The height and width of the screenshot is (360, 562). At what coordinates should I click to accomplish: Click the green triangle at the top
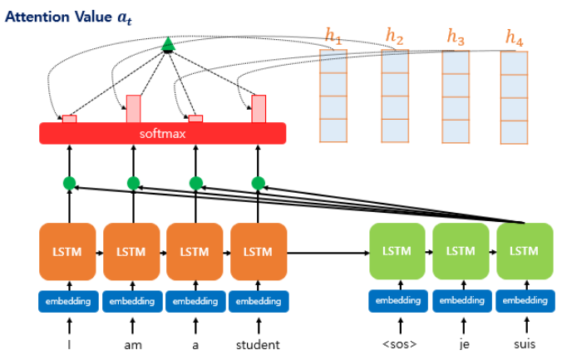(x=168, y=44)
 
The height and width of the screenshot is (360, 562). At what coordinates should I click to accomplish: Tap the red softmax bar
(x=162, y=133)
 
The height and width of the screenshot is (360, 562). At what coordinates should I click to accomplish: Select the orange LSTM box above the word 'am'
(x=131, y=251)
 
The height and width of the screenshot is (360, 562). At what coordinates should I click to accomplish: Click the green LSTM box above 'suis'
(x=525, y=251)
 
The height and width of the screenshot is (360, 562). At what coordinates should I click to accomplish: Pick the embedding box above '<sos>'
(x=398, y=301)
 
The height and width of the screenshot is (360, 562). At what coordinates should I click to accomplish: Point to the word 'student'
(x=258, y=344)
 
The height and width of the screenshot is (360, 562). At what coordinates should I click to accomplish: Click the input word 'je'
(x=464, y=344)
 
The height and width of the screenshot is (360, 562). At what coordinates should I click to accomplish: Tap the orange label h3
(x=456, y=37)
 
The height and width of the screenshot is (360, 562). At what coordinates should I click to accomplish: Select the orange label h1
(x=333, y=37)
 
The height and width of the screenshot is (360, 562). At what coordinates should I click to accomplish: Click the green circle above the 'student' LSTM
(x=258, y=183)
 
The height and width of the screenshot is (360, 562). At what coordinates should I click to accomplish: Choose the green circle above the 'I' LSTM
(x=69, y=183)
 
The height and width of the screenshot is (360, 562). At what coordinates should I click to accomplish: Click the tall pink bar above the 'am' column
(x=133, y=109)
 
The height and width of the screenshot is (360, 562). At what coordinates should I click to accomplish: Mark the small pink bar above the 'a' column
(x=195, y=119)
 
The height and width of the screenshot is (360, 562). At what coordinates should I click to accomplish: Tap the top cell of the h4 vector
(x=514, y=63)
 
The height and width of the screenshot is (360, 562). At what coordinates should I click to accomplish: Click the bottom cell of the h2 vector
(x=395, y=131)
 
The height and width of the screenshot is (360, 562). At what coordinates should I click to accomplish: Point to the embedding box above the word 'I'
(x=68, y=301)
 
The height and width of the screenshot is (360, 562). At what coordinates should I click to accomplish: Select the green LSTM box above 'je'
(x=461, y=251)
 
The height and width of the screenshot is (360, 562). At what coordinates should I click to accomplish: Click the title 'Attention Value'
(x=58, y=17)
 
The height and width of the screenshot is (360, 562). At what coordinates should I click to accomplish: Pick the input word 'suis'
(x=525, y=344)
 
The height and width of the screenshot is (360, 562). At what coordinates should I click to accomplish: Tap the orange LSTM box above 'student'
(x=259, y=251)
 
